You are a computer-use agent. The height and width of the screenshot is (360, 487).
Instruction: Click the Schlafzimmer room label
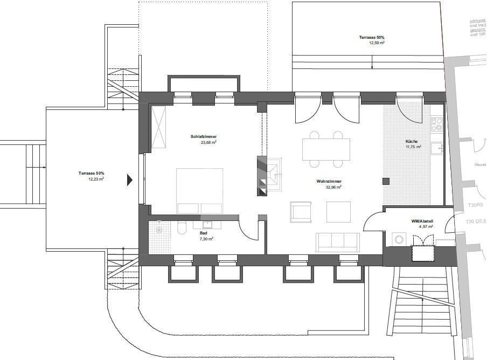pos(203,137)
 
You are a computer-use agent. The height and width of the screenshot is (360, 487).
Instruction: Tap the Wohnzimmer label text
pos(329,182)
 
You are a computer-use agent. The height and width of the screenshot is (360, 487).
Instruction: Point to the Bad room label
pos(203,233)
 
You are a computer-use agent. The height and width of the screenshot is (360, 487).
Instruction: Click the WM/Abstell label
pos(422,221)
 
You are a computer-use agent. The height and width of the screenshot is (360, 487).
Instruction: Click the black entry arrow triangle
pos(129,179)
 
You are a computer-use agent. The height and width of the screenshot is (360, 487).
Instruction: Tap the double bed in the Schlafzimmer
pos(200,191)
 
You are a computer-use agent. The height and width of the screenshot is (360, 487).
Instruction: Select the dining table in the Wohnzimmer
pos(326,149)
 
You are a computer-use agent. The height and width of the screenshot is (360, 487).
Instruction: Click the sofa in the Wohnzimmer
pos(338,243)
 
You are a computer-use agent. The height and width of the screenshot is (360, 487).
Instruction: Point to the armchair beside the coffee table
pos(300,211)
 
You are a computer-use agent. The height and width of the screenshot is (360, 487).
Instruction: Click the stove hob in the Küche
pos(436,124)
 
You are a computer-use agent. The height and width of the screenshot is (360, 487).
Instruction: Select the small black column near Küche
pos(386,181)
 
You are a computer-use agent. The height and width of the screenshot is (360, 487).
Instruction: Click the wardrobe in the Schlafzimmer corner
pos(158,127)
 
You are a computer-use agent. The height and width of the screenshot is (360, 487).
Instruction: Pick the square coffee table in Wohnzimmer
pos(338,212)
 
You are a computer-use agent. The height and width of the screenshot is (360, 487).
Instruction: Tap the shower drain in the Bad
pos(159,230)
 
